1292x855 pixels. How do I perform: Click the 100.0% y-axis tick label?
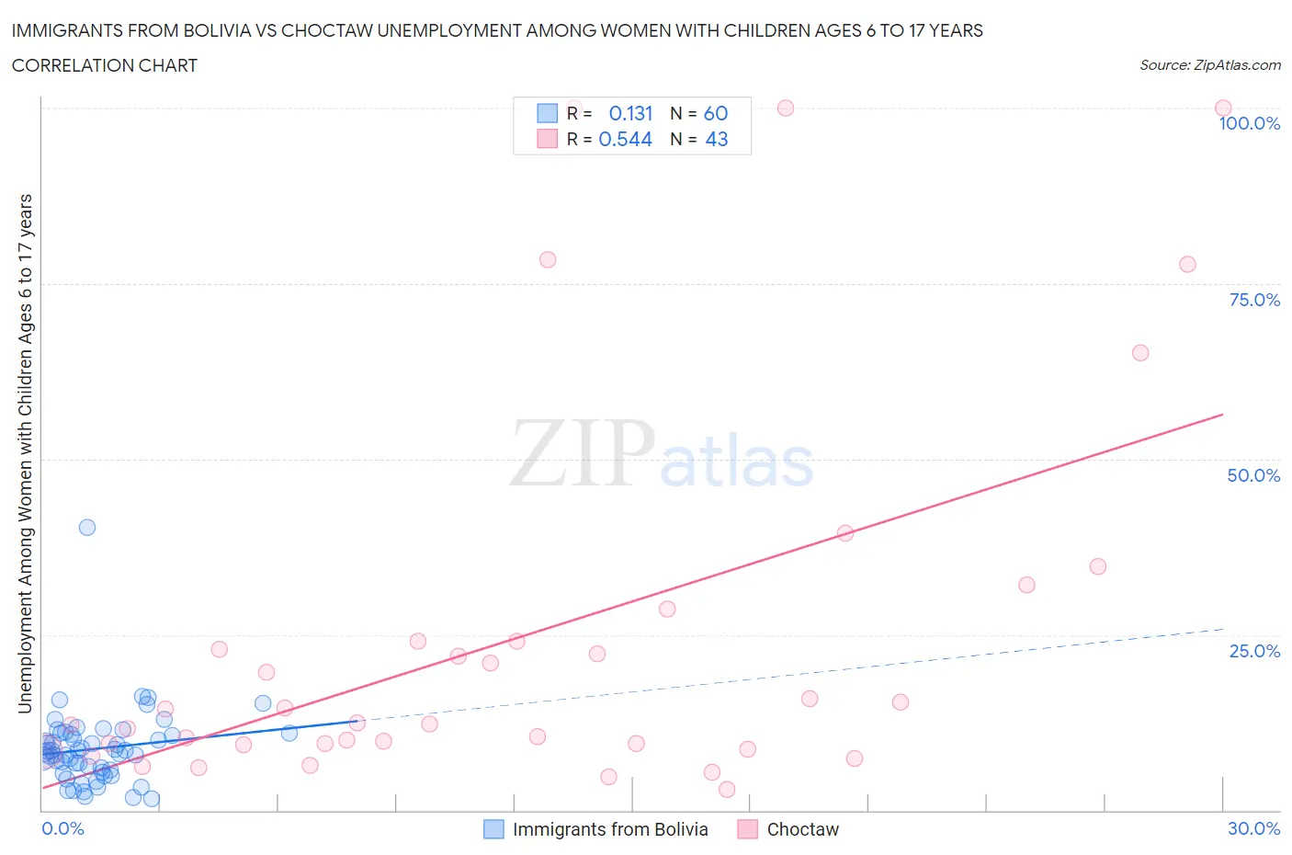coord(1249,124)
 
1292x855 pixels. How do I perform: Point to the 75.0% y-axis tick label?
coord(1254,301)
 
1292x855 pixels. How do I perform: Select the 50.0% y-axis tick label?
coord(1253,476)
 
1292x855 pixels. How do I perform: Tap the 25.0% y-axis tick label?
coord(1254,652)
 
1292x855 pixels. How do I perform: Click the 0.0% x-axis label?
coord(62,828)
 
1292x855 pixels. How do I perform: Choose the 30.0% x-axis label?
coord(1253,828)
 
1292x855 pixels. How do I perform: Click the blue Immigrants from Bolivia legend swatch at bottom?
coord(493,829)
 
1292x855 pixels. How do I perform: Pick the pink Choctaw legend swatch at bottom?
coord(748,829)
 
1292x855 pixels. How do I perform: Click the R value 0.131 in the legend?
coord(630,114)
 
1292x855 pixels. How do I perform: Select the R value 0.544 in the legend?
coord(625,140)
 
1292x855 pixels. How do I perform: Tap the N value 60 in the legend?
coord(715,114)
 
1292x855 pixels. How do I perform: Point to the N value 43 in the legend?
coord(716,140)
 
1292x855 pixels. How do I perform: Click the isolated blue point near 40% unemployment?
coord(87,528)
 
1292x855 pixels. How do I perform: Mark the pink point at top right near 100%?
coord(1223,108)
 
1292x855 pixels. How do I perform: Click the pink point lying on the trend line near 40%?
coord(845,533)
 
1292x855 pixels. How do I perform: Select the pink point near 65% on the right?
coord(1140,353)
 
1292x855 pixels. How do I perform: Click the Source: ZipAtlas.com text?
coord(1209,65)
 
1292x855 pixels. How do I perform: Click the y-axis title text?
coord(26,454)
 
